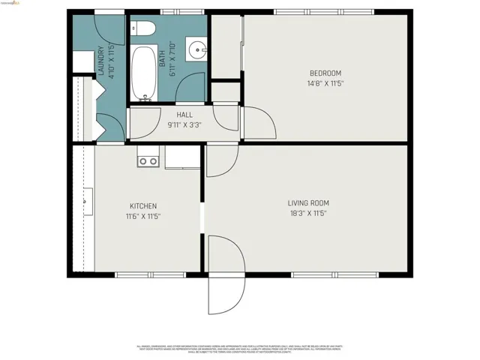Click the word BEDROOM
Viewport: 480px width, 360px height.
pyautogui.click(x=325, y=73)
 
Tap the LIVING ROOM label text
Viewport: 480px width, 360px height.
pyautogui.click(x=308, y=202)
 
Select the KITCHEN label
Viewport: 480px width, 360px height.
pyautogui.click(x=142, y=205)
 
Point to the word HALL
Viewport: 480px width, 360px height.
pyautogui.click(x=184, y=115)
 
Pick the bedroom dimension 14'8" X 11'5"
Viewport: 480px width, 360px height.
pyautogui.click(x=325, y=83)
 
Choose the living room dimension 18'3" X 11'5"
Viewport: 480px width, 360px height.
pyautogui.click(x=308, y=213)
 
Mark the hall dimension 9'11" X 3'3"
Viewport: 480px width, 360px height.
pyautogui.click(x=184, y=125)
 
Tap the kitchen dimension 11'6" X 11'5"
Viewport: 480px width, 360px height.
pyautogui.click(x=142, y=216)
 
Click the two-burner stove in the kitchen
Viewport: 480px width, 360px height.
pyautogui.click(x=148, y=160)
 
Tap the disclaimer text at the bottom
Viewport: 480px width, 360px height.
pyautogui.click(x=240, y=349)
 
